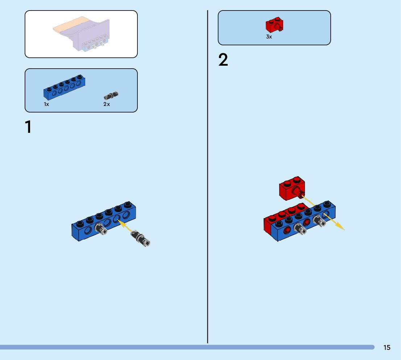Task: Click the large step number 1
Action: [x=28, y=127]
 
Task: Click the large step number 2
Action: [x=223, y=60]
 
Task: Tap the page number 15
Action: [x=387, y=347]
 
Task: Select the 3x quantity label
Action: [x=269, y=37]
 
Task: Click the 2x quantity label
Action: [x=106, y=104]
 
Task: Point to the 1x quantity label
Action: [x=46, y=104]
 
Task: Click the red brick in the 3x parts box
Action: [x=274, y=25]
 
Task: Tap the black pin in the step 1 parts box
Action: [x=111, y=96]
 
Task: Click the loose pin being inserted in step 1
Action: [x=141, y=238]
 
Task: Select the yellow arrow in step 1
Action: [x=125, y=226]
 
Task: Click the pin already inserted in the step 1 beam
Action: [x=100, y=229]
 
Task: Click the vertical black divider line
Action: [x=207, y=181]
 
